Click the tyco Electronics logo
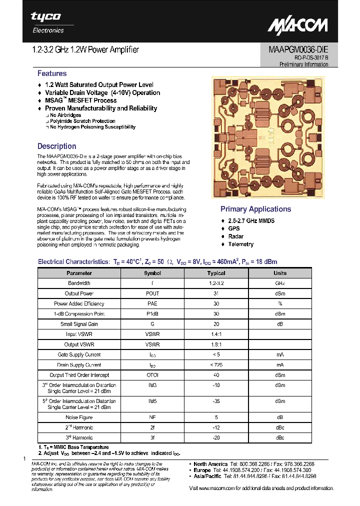[46, 22]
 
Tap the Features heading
[52, 73]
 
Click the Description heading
[57, 146]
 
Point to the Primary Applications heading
[255, 209]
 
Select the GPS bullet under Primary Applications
[234, 228]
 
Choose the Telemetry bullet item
[240, 244]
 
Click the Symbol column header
[152, 273]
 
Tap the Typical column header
[216, 273]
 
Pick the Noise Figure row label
[79, 417]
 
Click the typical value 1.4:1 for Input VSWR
[216, 334]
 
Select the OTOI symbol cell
[152, 375]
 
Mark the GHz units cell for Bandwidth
[279, 283]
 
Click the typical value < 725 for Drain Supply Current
[216, 365]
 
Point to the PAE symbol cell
[152, 303]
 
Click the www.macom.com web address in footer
[218, 488]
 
